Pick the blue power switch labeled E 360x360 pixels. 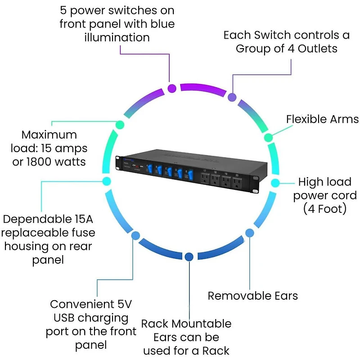click(x=191, y=175)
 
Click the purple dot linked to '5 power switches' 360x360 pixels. click(x=171, y=88)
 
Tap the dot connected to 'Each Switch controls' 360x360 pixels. click(x=232, y=97)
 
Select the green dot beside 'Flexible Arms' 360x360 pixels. click(x=268, y=137)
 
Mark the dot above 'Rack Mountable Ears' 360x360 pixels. click(x=189, y=256)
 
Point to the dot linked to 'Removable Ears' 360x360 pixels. click(x=249, y=232)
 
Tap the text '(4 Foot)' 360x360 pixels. click(x=324, y=209)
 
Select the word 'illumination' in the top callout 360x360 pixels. click(x=117, y=37)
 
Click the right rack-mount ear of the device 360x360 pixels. click(x=256, y=184)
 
